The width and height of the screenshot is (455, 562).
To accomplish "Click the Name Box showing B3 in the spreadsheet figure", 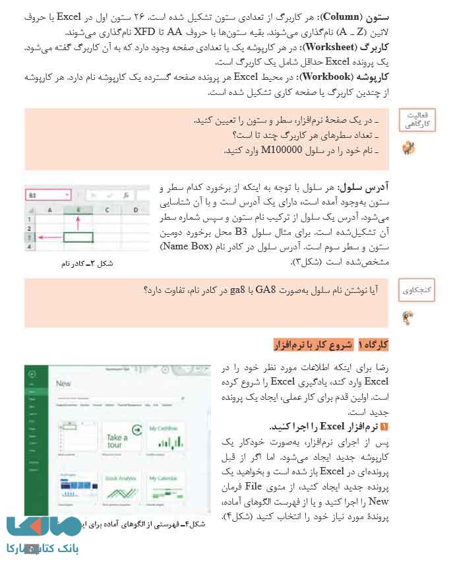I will point(47,195).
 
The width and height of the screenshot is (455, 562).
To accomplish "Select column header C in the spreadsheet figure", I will point(106,210).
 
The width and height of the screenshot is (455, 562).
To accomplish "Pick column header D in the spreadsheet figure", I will point(136,210).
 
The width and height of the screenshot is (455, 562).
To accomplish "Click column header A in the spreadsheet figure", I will point(49,210).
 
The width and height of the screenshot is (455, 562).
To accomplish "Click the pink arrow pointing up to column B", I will point(78,222).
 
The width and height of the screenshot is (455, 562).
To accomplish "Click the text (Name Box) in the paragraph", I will point(181,247).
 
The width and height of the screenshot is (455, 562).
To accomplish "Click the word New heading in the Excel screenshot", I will point(64,383).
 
